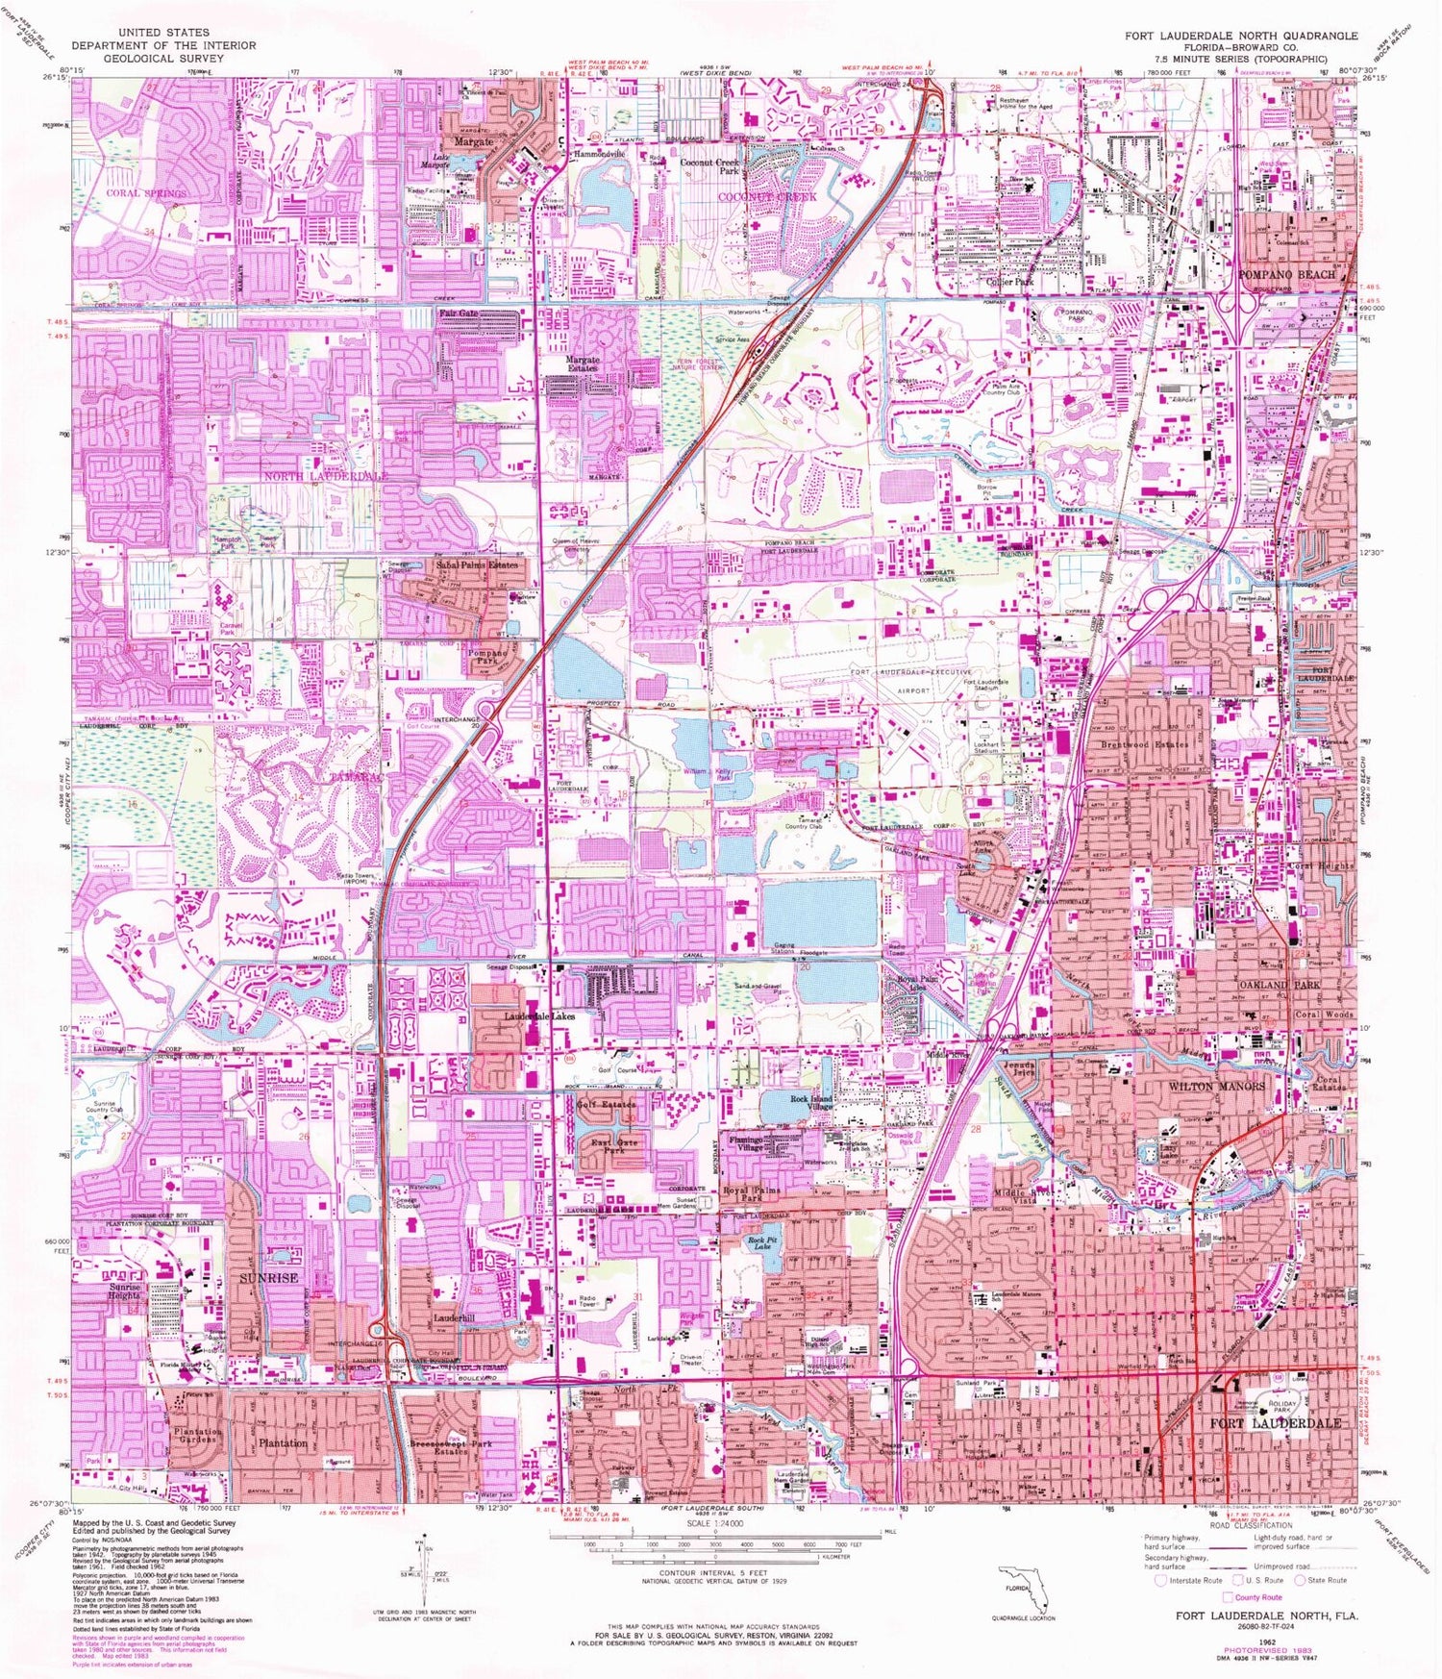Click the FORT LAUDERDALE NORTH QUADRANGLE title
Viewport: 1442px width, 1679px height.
[1242, 36]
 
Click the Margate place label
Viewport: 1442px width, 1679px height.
[473, 141]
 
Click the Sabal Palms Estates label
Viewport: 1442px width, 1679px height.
[477, 565]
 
